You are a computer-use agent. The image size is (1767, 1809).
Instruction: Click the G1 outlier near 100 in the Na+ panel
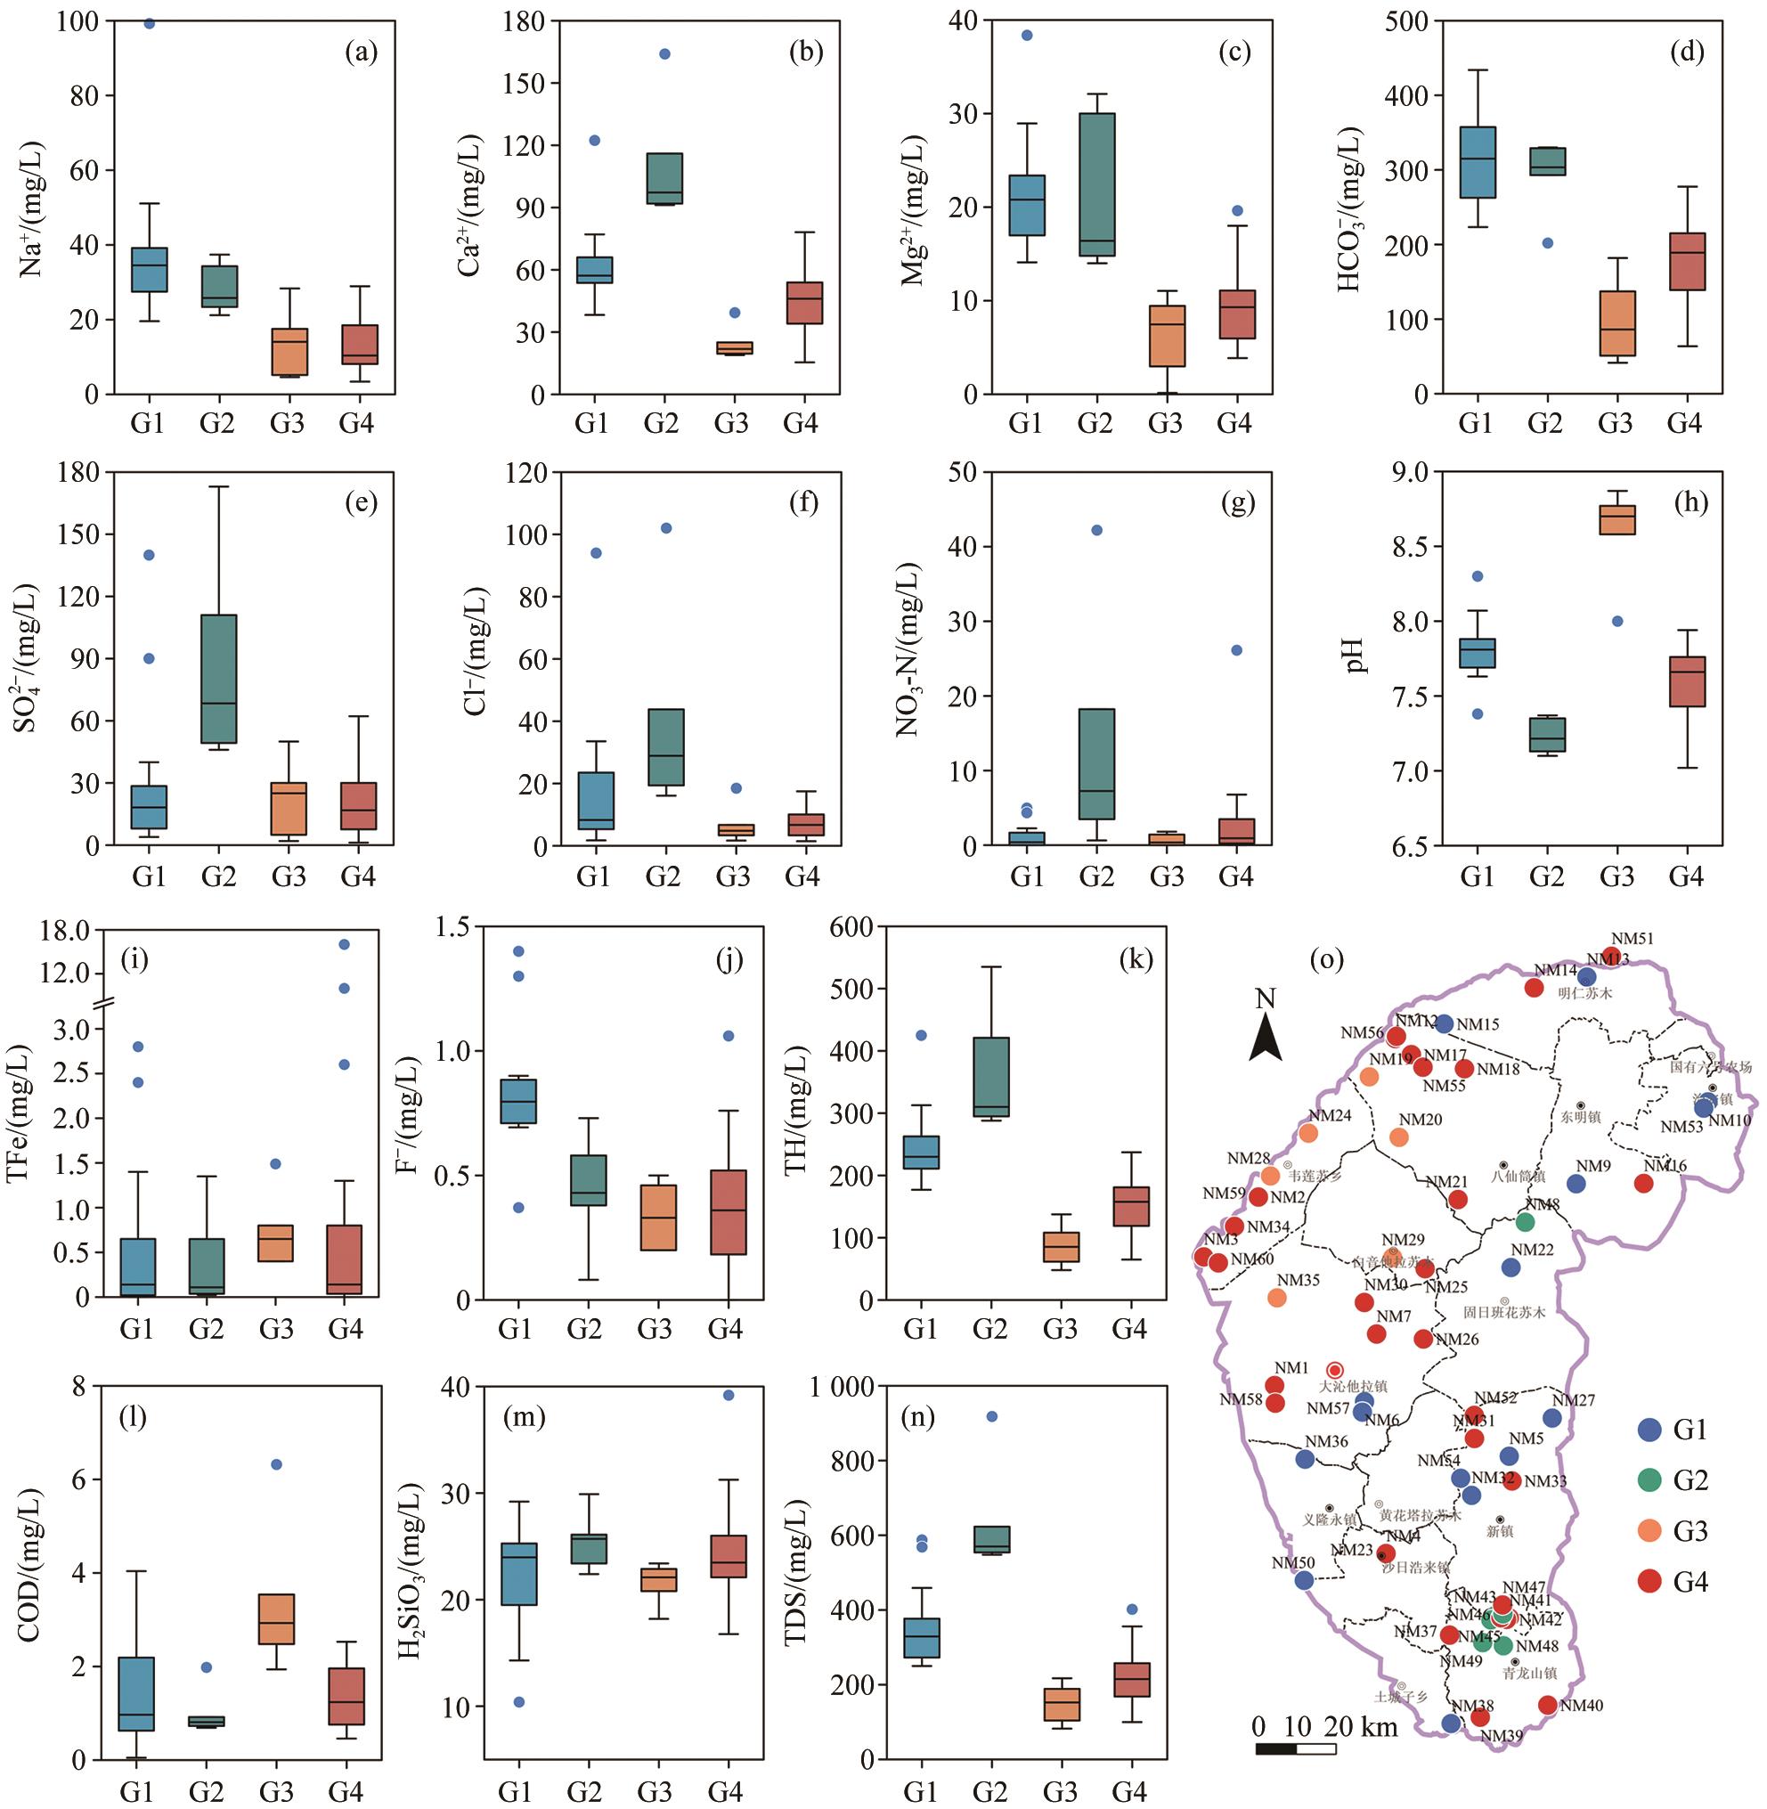(x=149, y=24)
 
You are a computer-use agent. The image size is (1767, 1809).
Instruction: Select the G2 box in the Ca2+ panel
(x=664, y=178)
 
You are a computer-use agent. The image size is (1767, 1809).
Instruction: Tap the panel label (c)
(x=1234, y=52)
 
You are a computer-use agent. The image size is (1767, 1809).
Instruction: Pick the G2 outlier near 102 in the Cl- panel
(x=665, y=528)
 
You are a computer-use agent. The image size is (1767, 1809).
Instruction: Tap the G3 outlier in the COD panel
(x=275, y=1464)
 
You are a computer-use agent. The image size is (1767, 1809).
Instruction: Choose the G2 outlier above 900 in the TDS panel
(x=991, y=1416)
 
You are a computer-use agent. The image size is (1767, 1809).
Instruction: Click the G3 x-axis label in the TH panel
(x=1060, y=1328)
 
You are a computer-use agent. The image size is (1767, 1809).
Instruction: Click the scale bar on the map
(x=1296, y=1749)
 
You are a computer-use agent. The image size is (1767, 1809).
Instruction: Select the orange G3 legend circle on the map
(x=1649, y=1531)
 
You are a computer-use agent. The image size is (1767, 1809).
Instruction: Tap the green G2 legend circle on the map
(x=1649, y=1480)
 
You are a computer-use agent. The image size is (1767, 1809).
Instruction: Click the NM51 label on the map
(x=1632, y=940)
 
